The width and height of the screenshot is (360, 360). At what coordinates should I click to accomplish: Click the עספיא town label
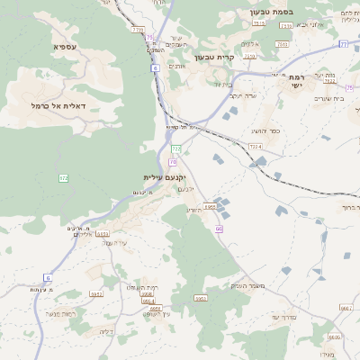(x=66, y=46)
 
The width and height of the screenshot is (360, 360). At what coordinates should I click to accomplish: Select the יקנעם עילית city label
(x=163, y=177)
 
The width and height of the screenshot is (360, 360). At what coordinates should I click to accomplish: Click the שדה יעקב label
(x=244, y=95)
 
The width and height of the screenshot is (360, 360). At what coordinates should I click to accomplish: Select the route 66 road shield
(x=219, y=229)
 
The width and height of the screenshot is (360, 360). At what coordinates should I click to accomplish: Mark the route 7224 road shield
(x=255, y=147)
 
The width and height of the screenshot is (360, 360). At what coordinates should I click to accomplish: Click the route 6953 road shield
(x=211, y=207)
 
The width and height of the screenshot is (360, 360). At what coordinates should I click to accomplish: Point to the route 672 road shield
(x=63, y=178)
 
